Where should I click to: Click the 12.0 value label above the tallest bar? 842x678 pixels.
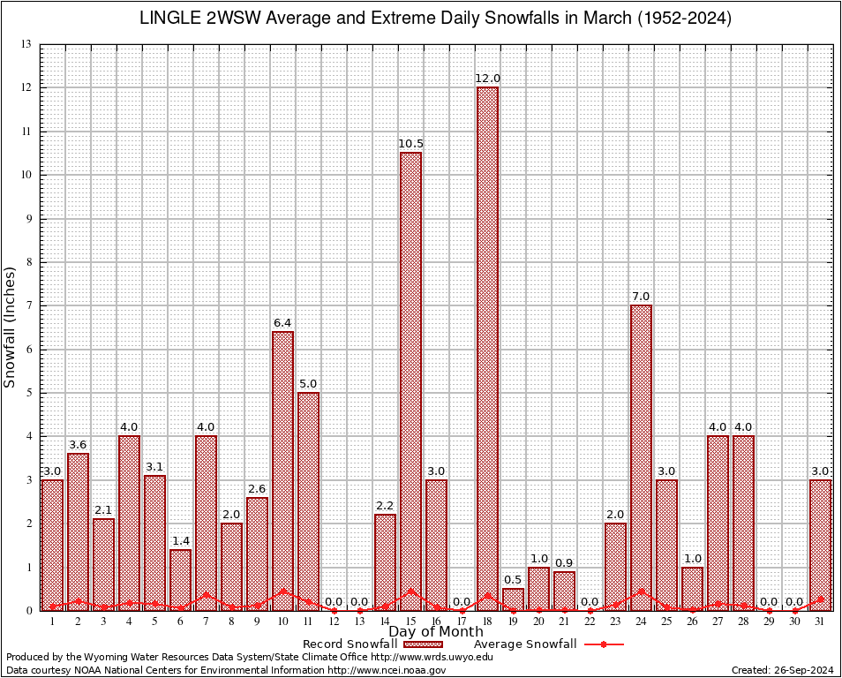point(487,79)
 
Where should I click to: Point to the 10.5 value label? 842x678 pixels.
point(410,144)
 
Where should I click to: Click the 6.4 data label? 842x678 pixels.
point(282,323)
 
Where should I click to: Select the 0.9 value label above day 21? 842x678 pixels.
point(564,563)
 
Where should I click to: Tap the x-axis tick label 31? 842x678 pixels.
point(820,621)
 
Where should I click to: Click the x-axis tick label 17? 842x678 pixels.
point(462,621)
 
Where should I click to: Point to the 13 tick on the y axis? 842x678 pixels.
point(26,44)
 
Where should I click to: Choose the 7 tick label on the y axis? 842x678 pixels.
point(28,305)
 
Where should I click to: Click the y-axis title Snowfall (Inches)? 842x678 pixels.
point(11,327)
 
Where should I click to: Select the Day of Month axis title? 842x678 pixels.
point(435,631)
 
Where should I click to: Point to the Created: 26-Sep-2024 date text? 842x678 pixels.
point(782,671)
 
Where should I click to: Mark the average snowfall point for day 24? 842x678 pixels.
point(641,591)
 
